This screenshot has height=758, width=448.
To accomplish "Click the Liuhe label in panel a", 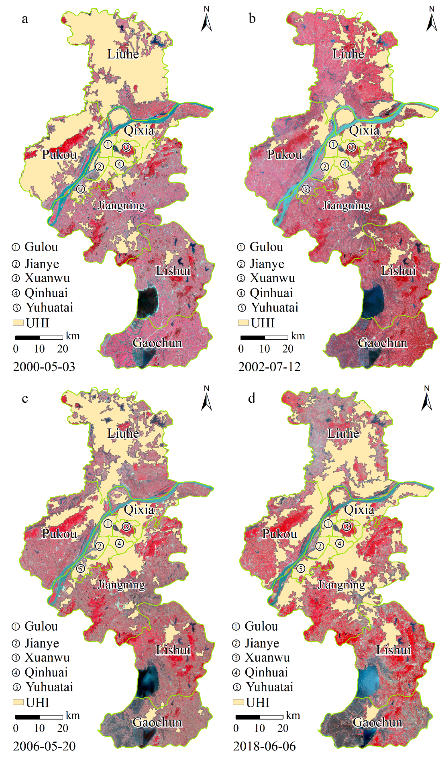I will pos(123,54).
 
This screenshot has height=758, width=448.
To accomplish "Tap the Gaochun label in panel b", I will pos(382,343).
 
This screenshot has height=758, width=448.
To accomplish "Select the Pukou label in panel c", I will pos(60,534).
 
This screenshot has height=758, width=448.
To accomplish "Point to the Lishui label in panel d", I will pos(393,650).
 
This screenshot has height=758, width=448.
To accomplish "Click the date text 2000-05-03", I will pos(44,367).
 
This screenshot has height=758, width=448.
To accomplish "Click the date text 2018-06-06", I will pos(264,746).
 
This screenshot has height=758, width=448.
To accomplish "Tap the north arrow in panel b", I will pos(432,20).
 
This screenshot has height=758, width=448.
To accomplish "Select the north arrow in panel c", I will pos(206,399).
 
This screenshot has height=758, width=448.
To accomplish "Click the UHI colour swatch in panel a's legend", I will pos(18,323).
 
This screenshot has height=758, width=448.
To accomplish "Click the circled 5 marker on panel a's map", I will pos(80,189).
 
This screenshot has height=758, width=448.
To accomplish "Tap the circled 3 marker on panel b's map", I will pos(351,147).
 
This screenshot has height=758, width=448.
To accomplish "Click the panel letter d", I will pos(251,398).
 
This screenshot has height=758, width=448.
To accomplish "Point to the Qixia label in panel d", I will pos(359,510).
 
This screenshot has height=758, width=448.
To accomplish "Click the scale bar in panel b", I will pos(264,337).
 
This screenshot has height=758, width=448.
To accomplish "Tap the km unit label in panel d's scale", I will pos(293,715).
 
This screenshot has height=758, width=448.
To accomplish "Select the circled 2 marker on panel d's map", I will pos(319,546).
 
